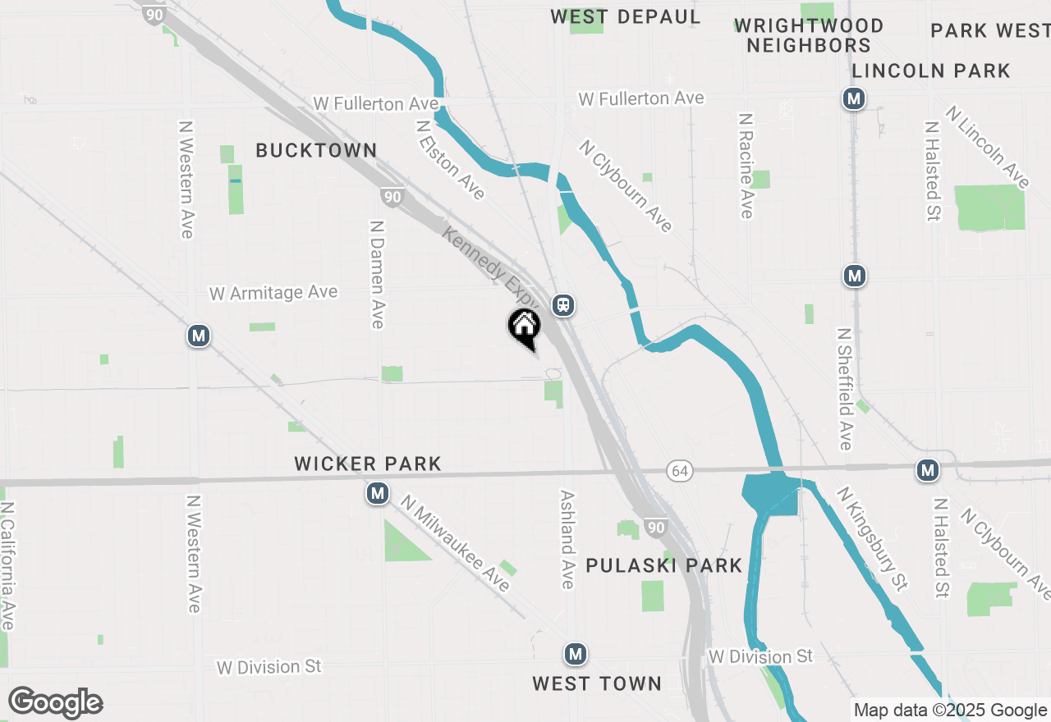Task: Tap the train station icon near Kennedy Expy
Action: click(x=563, y=305)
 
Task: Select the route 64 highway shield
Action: click(x=678, y=470)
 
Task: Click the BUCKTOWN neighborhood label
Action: click(x=316, y=150)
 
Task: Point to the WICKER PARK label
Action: click(x=368, y=464)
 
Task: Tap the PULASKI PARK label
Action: click(x=663, y=565)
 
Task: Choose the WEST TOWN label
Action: click(x=596, y=683)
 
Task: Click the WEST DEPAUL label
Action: click(x=625, y=16)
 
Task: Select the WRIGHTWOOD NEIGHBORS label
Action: click(x=809, y=35)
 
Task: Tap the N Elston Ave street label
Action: click(x=450, y=160)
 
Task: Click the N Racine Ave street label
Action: click(x=746, y=166)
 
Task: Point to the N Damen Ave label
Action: click(x=378, y=274)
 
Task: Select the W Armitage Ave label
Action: click(x=273, y=293)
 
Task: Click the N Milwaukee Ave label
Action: click(x=457, y=542)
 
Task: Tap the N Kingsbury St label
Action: click(x=874, y=538)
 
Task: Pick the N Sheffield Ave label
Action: click(x=845, y=389)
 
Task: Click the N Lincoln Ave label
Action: click(x=988, y=147)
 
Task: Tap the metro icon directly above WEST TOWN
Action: click(x=575, y=654)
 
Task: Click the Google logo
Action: click(x=55, y=702)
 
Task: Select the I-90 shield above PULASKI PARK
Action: click(x=654, y=527)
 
